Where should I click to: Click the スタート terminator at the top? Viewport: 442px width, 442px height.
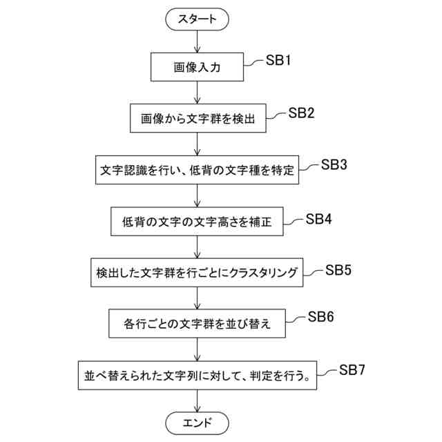tap(198, 19)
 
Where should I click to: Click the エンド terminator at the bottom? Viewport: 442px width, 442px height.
tap(198, 421)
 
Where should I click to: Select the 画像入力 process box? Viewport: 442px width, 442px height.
tap(198, 68)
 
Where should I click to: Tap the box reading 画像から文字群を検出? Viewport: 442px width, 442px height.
tap(198, 118)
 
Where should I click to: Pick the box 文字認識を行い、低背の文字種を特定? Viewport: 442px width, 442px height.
tap(198, 170)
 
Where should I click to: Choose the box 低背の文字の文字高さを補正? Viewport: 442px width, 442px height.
tap(198, 222)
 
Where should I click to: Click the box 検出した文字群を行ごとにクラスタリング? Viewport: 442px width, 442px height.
tap(198, 273)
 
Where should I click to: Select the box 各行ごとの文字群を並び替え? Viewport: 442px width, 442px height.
tap(198, 323)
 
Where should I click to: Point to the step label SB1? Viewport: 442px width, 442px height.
tap(280, 61)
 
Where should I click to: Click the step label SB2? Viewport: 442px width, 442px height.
tap(302, 113)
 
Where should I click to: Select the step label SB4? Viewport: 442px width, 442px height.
tap(319, 218)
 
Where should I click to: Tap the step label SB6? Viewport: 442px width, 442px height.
tap(321, 317)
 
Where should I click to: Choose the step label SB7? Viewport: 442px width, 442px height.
tap(352, 370)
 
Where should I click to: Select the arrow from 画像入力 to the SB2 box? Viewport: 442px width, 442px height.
tap(198, 93)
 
